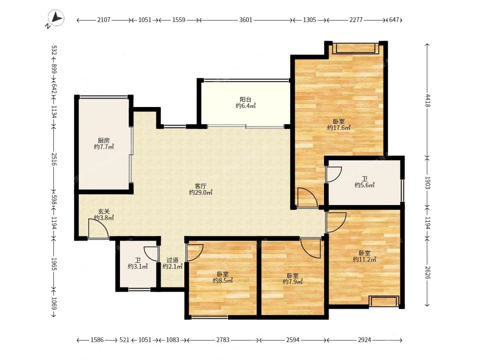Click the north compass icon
tap(56, 18)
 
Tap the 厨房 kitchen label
tap(104, 141)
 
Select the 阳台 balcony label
tap(245, 99)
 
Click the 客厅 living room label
tap(201, 186)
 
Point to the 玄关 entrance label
tap(104, 211)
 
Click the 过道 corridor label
tap(172, 260)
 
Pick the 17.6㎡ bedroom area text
tap(339, 128)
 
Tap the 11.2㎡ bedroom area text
tap(365, 260)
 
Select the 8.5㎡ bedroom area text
tap(223, 280)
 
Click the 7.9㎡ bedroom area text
tap(293, 282)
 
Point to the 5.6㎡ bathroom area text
tap(365, 185)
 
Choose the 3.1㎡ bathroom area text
tap(138, 266)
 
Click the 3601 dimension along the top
tap(245, 20)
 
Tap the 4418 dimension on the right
tap(428, 101)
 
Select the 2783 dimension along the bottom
tap(223, 340)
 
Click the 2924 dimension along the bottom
tap(364, 340)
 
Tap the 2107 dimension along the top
tap(104, 20)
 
